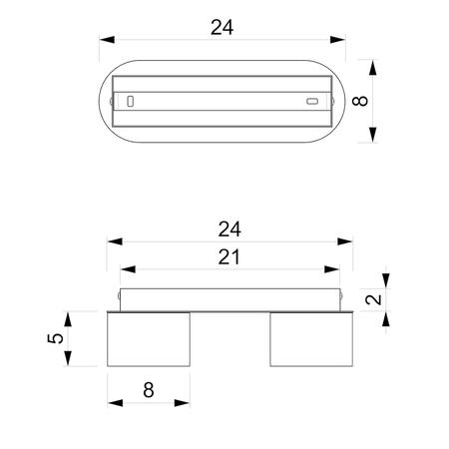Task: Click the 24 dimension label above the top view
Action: pyautogui.click(x=222, y=27)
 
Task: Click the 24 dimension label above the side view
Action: pyautogui.click(x=229, y=229)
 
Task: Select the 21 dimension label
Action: pyautogui.click(x=229, y=257)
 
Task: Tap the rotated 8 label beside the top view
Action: pyautogui.click(x=360, y=101)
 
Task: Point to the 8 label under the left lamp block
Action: pyautogui.click(x=149, y=390)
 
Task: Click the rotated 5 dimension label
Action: pyautogui.click(x=56, y=338)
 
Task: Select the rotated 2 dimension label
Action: pyautogui.click(x=373, y=299)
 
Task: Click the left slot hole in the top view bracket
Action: pyautogui.click(x=131, y=101)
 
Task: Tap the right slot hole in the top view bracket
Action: pyautogui.click(x=312, y=101)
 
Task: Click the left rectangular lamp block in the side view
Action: pyautogui.click(x=149, y=339)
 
